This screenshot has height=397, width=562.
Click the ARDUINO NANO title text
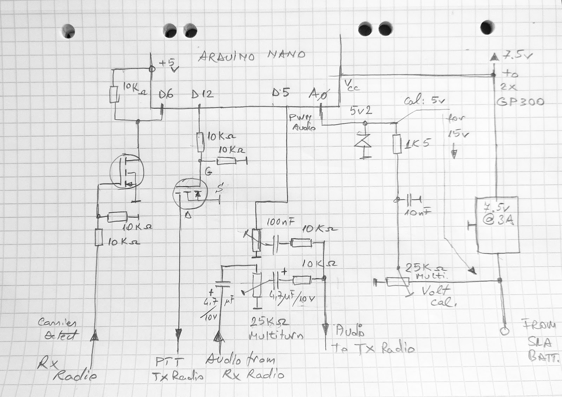point(251,56)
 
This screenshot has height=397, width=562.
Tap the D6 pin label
point(166,94)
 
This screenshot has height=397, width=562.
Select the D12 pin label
point(202,94)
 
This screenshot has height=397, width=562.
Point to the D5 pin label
point(281,93)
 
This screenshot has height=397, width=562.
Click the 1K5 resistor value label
point(417,143)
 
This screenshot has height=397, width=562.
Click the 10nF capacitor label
point(418,212)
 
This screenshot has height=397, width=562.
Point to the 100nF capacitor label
point(281,222)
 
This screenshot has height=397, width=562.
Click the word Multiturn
point(276,336)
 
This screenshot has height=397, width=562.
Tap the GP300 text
point(521,102)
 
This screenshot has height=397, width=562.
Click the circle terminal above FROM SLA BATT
point(505,331)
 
